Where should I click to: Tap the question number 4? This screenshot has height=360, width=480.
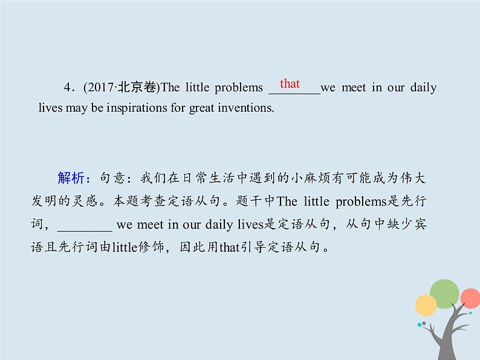(x=67, y=88)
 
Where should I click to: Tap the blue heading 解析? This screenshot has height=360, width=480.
(x=73, y=178)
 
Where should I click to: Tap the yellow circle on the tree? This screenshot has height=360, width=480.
(x=426, y=306)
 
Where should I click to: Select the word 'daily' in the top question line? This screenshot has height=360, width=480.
(x=424, y=88)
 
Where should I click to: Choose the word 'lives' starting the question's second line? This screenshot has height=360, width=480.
(x=50, y=108)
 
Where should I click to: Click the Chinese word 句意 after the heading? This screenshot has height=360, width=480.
(x=111, y=178)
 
